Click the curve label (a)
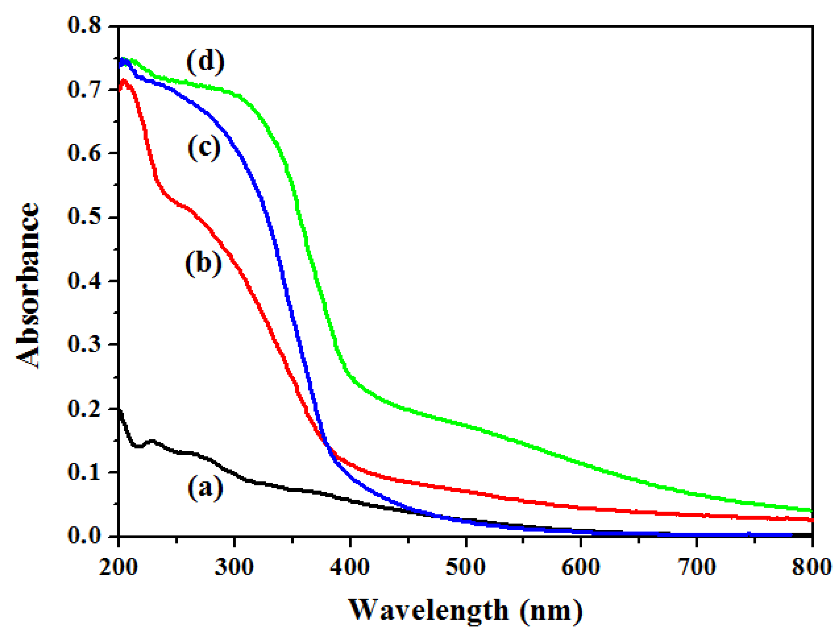click(x=205, y=488)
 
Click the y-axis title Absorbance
click(x=27, y=286)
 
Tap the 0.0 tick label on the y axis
click(x=84, y=535)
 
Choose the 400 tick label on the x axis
click(x=350, y=567)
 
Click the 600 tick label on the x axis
click(x=581, y=567)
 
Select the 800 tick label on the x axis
click(x=811, y=567)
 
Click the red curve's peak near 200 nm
click(x=123, y=81)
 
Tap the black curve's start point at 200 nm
click(x=119, y=410)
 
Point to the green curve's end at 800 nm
click(x=811, y=510)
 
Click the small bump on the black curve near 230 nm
click(x=152, y=441)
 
